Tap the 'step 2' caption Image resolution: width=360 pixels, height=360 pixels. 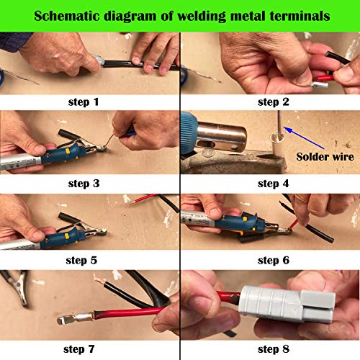click(x=272, y=102)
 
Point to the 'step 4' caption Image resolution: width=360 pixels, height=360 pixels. click(x=272, y=183)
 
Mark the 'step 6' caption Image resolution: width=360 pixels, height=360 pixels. click(x=272, y=258)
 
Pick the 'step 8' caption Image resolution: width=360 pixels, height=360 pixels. click(x=272, y=349)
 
